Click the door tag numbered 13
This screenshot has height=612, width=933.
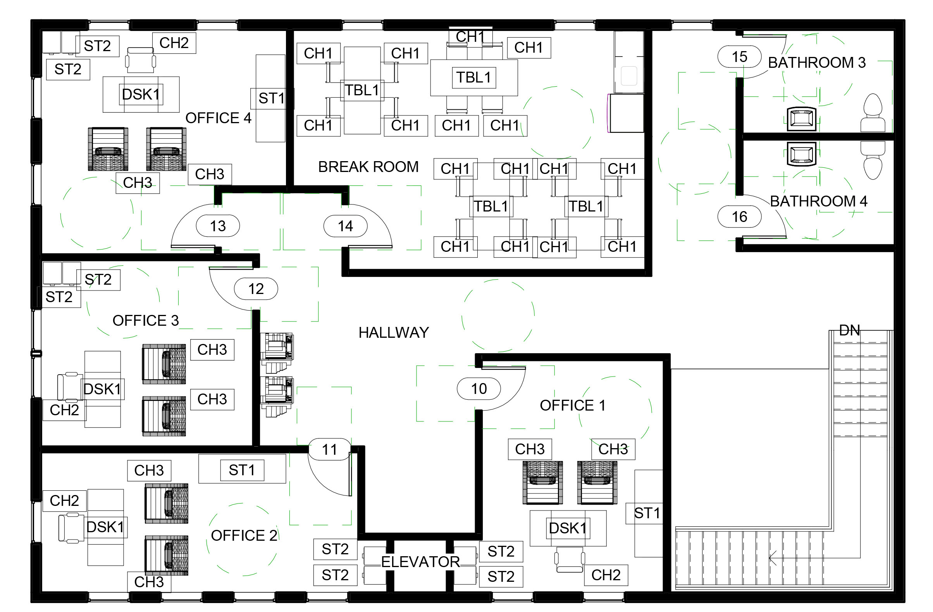(218, 226)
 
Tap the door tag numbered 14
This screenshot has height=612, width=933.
(345, 226)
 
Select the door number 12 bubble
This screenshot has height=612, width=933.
(256, 289)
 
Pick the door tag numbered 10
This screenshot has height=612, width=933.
(478, 389)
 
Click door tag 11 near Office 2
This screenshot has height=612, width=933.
(329, 449)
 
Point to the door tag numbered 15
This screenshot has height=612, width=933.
(739, 57)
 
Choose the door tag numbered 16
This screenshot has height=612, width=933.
(739, 217)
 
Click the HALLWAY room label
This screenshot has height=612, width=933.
(393, 333)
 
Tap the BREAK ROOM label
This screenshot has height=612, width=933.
(368, 167)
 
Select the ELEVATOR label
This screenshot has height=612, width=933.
(420, 562)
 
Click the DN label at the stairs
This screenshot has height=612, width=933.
(849, 330)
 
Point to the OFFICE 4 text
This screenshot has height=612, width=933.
(218, 118)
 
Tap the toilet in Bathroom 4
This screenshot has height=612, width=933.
(873, 161)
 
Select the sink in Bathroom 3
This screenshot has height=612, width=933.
(801, 119)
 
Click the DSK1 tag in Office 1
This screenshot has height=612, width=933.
(567, 528)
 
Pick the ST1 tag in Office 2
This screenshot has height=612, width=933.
(241, 470)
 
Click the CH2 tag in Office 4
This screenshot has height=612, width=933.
(174, 43)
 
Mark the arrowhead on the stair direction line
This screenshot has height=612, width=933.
(771, 557)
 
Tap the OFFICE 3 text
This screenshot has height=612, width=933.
(145, 320)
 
